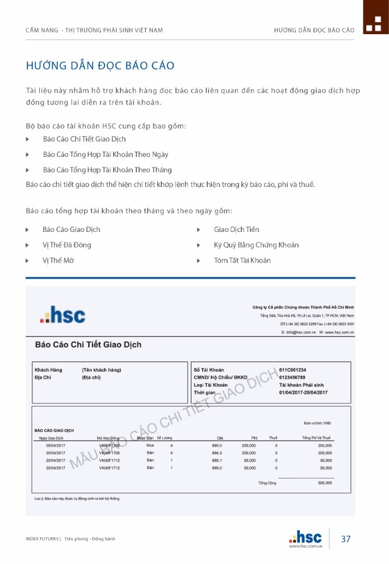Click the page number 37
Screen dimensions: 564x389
click(x=346, y=539)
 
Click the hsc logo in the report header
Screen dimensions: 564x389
click(x=62, y=315)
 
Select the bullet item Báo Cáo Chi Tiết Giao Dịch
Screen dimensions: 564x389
click(x=84, y=139)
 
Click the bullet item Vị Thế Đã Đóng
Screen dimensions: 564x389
click(x=66, y=245)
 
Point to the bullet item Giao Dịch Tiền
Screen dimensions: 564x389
click(x=236, y=230)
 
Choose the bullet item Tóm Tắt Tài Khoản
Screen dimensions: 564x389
click(x=242, y=260)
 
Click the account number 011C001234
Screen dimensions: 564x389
click(x=292, y=370)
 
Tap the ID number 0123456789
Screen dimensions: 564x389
click(x=292, y=378)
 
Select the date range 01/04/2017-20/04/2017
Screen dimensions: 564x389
click(x=303, y=392)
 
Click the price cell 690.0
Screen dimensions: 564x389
click(x=216, y=446)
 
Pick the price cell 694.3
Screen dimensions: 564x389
click(x=216, y=453)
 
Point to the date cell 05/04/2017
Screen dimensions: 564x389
click(x=56, y=446)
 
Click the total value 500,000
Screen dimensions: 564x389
click(x=325, y=483)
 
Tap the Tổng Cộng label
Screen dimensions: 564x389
click(x=267, y=483)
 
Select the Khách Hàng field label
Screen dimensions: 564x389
click(x=48, y=370)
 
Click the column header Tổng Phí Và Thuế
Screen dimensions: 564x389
click(x=316, y=438)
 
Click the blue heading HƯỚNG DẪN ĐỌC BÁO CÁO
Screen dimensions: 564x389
click(x=100, y=65)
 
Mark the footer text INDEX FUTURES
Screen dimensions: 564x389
click(x=42, y=539)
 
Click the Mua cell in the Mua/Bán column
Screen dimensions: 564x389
click(x=150, y=446)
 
